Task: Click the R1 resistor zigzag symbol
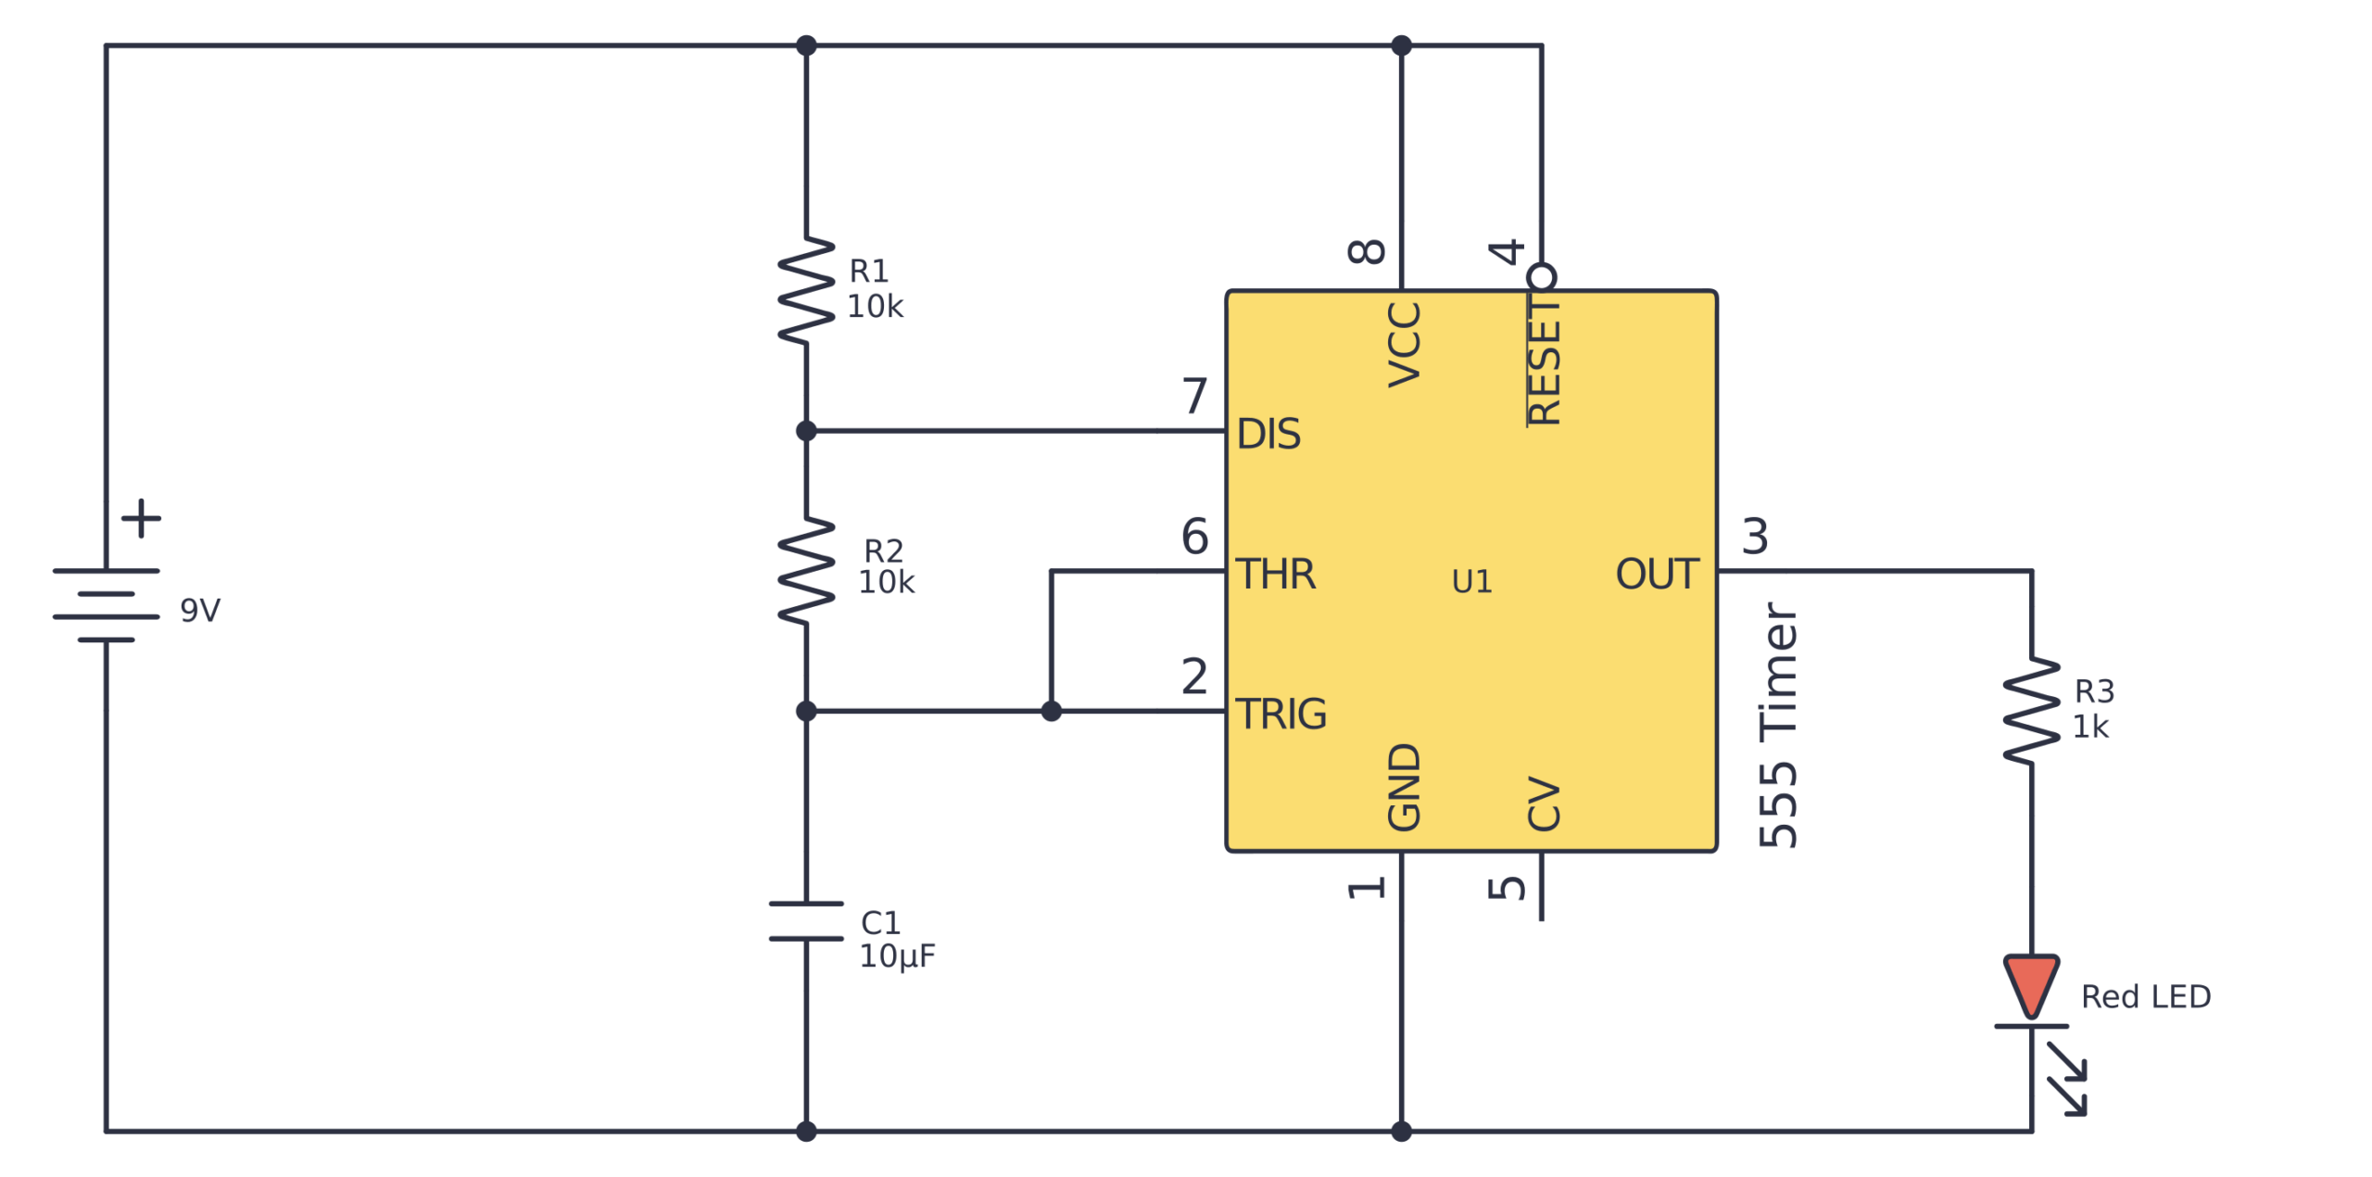(805, 290)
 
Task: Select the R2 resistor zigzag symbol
(805, 570)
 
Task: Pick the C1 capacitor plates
(805, 920)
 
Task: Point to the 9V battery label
(199, 610)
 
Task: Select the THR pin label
(1275, 574)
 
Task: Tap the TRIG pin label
(1281, 714)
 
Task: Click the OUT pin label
(1656, 574)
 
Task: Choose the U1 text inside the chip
(1470, 581)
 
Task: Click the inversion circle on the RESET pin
(1540, 277)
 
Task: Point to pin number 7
(1193, 396)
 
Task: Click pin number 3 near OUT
(1754, 536)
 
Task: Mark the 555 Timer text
(1776, 725)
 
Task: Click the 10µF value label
(896, 956)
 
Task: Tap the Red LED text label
(2145, 996)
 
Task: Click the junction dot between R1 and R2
(805, 431)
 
